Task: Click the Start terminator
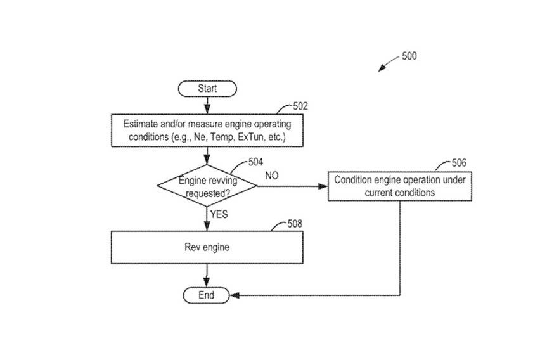click(207, 89)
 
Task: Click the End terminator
click(207, 295)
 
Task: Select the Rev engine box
click(207, 248)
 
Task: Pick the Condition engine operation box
click(399, 186)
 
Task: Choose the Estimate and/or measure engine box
click(207, 130)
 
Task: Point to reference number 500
click(409, 56)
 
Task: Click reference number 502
click(300, 106)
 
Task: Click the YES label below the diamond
click(219, 214)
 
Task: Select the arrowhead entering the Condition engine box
click(323, 186)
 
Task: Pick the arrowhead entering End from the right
click(235, 295)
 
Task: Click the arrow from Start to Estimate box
click(207, 105)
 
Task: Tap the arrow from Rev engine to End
click(207, 277)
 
